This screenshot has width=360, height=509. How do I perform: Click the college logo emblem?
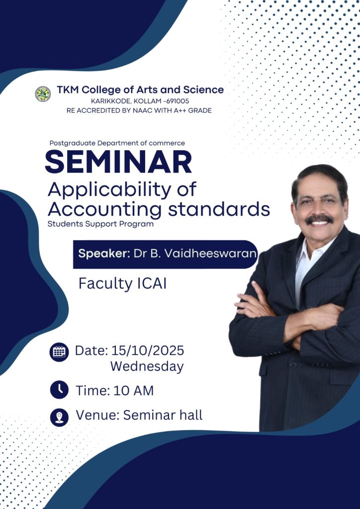[43, 94]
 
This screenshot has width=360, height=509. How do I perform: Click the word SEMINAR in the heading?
[118, 162]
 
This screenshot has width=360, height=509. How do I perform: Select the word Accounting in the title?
[104, 210]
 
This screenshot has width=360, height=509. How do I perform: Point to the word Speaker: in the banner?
[104, 254]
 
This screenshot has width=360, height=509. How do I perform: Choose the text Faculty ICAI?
[122, 284]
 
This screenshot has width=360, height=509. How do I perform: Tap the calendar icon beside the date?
[59, 352]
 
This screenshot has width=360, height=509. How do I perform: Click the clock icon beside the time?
[59, 390]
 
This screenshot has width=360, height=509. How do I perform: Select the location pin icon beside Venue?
[59, 417]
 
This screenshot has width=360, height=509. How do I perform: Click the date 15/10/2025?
[148, 350]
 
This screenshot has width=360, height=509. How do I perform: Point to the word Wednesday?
[147, 367]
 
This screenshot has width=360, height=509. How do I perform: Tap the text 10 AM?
[133, 391]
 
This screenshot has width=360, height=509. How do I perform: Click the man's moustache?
[319, 219]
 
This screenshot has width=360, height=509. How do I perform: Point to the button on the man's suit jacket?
[293, 364]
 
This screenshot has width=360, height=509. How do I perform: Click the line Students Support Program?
[100, 224]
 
